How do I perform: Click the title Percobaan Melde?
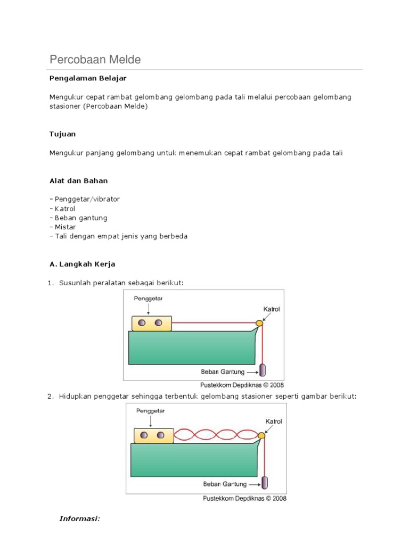95,60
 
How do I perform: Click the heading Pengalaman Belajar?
88,78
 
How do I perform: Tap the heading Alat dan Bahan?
78,181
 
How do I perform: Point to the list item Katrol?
64,209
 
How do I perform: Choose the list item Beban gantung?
80,218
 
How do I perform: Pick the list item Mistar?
64,227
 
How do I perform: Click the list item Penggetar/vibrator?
86,199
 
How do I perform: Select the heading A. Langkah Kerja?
82,264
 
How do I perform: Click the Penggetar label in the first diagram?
148,299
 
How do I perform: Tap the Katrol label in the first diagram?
271,309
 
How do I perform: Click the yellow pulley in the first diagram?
259,323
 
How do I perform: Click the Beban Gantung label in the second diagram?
225,484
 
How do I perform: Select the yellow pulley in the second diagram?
261,436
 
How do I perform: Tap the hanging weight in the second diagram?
264,483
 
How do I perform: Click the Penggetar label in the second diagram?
150,411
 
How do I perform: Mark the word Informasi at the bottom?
80,519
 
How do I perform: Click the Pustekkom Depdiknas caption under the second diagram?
243,499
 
